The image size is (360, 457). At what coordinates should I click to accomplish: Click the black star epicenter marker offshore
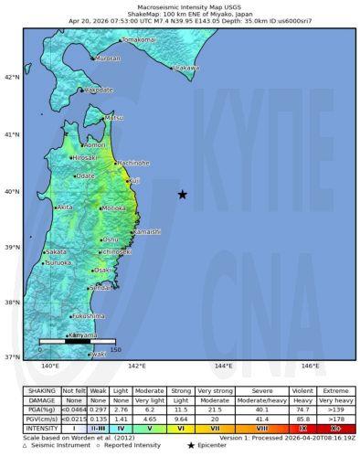pos(182,194)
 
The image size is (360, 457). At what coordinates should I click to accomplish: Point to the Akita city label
pos(65,207)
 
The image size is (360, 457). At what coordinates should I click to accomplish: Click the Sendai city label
pos(101,288)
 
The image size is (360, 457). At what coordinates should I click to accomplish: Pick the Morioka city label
pos(113,208)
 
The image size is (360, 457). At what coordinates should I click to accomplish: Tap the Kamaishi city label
pos(146,232)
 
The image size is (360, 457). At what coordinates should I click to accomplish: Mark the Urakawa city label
pos(186,68)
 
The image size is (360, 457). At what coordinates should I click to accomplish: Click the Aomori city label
pos(94,144)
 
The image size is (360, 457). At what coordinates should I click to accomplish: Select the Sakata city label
pos(56,251)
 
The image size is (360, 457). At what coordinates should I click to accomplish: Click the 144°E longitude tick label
pos(223,367)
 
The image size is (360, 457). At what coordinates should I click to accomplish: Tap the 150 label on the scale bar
pos(115,350)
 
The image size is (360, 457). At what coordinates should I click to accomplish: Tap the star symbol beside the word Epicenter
pos(189,445)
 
